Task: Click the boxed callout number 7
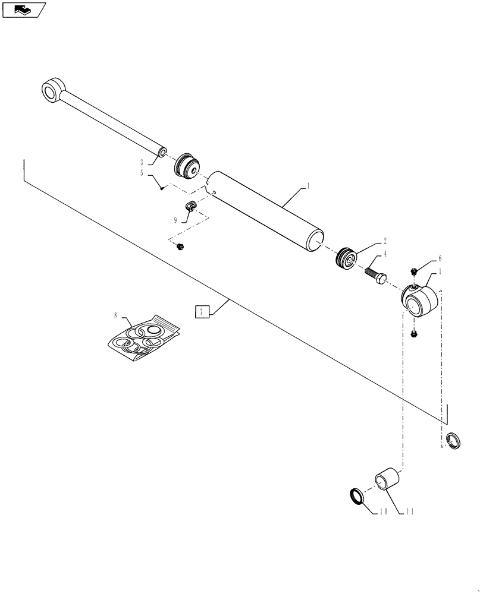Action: (x=203, y=311)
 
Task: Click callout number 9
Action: (x=175, y=219)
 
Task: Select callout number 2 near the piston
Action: (x=385, y=241)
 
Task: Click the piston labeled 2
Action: (x=346, y=257)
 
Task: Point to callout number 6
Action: (x=440, y=259)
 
